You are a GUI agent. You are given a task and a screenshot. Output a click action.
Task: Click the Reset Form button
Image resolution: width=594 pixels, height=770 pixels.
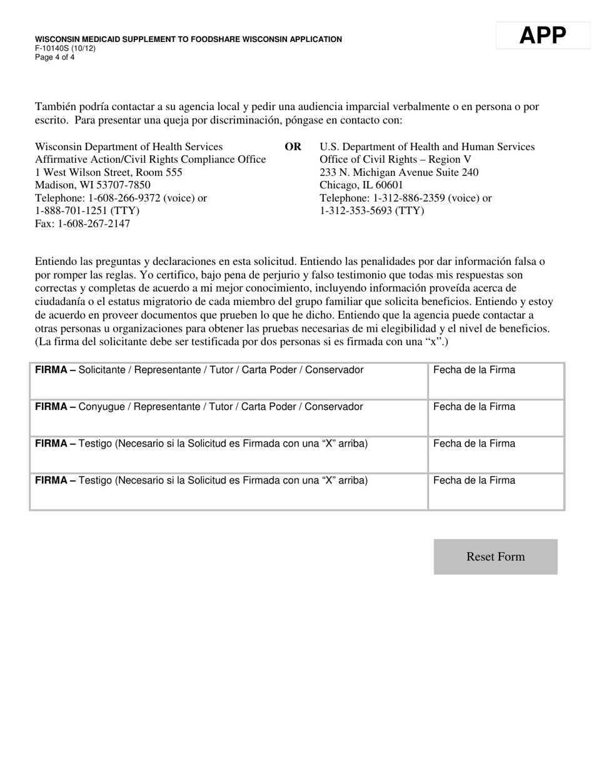(495, 557)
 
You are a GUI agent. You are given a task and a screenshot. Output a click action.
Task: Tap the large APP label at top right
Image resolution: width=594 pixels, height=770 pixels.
(543, 36)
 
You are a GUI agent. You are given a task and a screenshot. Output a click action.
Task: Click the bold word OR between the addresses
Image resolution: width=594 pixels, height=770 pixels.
(293, 147)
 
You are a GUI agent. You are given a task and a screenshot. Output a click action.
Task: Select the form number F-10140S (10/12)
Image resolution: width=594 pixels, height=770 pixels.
(65, 48)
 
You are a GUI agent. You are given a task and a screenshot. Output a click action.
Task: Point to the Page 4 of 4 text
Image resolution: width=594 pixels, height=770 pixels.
(54, 57)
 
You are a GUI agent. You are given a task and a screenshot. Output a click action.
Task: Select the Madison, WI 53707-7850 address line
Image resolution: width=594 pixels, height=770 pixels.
(93, 185)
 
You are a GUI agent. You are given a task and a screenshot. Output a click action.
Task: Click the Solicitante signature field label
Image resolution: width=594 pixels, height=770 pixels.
(199, 370)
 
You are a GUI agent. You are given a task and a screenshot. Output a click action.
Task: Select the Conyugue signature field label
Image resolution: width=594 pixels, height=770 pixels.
(199, 407)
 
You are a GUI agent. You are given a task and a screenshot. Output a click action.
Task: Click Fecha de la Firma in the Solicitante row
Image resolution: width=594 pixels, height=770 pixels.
(474, 370)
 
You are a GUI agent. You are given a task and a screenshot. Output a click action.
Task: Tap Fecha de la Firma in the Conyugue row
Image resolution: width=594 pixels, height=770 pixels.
(474, 407)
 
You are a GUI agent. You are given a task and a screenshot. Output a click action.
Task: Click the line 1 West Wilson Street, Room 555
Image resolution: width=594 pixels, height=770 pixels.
(109, 172)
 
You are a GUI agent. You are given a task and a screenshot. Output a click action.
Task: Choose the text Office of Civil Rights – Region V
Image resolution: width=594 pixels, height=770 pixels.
(395, 160)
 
